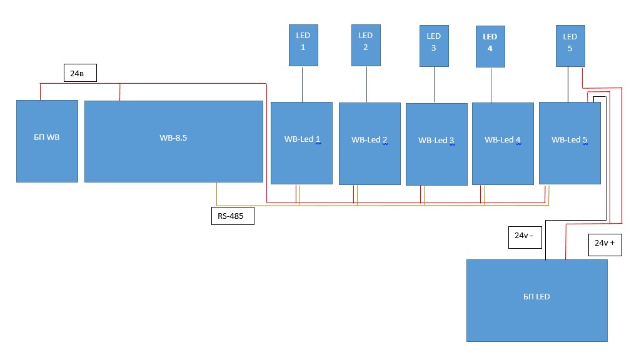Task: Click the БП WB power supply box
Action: [x=47, y=141]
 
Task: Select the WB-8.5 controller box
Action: [x=174, y=141]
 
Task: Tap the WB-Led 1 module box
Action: [x=301, y=143]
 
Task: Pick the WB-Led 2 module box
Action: [x=370, y=144]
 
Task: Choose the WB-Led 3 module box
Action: [x=436, y=144]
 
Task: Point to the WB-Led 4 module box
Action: [x=503, y=144]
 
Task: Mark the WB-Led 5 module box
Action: [x=570, y=143]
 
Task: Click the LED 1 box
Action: [x=303, y=45]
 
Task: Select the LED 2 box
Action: [x=366, y=45]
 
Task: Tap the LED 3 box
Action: [x=434, y=46]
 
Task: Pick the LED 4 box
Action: [x=490, y=46]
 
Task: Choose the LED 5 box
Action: [x=570, y=46]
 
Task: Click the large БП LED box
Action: [x=536, y=301]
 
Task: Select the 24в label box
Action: [x=80, y=73]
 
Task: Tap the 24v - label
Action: [x=525, y=237]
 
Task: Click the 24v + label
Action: [x=605, y=245]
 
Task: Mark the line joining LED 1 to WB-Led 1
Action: [x=303, y=84]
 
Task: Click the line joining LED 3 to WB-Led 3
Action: [x=435, y=85]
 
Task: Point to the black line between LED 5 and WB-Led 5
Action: [x=568, y=84]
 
